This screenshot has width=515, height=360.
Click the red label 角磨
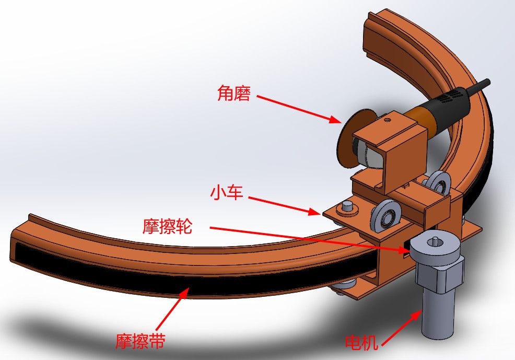point(234,94)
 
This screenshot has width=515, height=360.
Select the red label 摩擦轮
point(167,227)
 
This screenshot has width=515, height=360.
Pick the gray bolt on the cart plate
point(346,207)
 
